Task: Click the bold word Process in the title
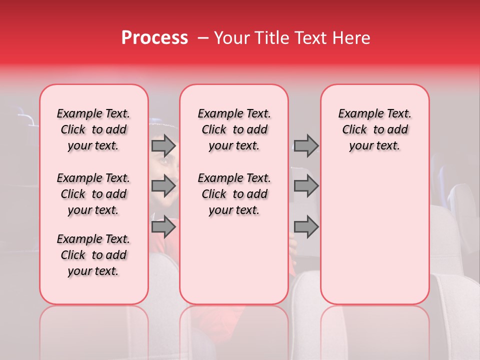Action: (154, 38)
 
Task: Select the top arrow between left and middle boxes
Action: (163, 146)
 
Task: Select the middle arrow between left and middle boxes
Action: (163, 186)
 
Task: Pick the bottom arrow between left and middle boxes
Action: (163, 227)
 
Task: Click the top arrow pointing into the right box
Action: (306, 146)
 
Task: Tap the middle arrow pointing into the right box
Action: (306, 186)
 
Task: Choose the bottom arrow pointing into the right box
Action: (306, 227)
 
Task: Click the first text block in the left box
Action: (93, 129)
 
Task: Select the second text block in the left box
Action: (93, 194)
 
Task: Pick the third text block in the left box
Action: (93, 255)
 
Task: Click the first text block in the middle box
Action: (234, 129)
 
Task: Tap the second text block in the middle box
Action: (234, 194)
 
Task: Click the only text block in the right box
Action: (374, 129)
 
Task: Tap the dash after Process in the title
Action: (202, 38)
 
